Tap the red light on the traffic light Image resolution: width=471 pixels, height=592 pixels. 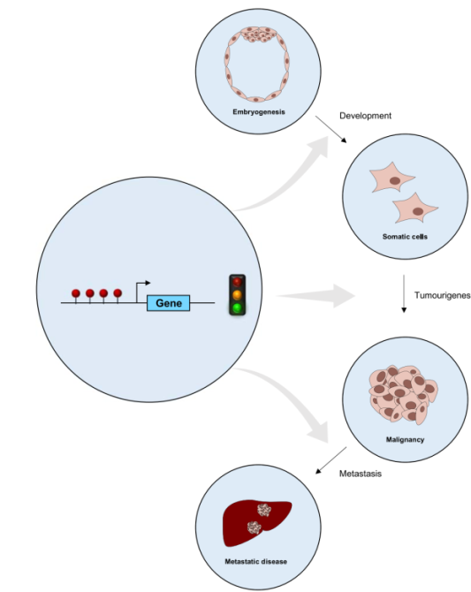coord(236,281)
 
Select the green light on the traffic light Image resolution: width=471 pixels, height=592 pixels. coord(236,307)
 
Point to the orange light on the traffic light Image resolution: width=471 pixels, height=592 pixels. coord(236,294)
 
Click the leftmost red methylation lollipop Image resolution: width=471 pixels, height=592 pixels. coord(76,292)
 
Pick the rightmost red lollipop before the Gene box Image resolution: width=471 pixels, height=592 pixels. coord(118,292)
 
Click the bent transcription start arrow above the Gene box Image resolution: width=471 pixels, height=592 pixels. coord(140,287)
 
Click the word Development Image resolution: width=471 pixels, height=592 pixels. coord(365,116)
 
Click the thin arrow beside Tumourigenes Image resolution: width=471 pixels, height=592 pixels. coord(403,295)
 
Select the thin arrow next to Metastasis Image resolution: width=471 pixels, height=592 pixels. coord(319,459)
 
